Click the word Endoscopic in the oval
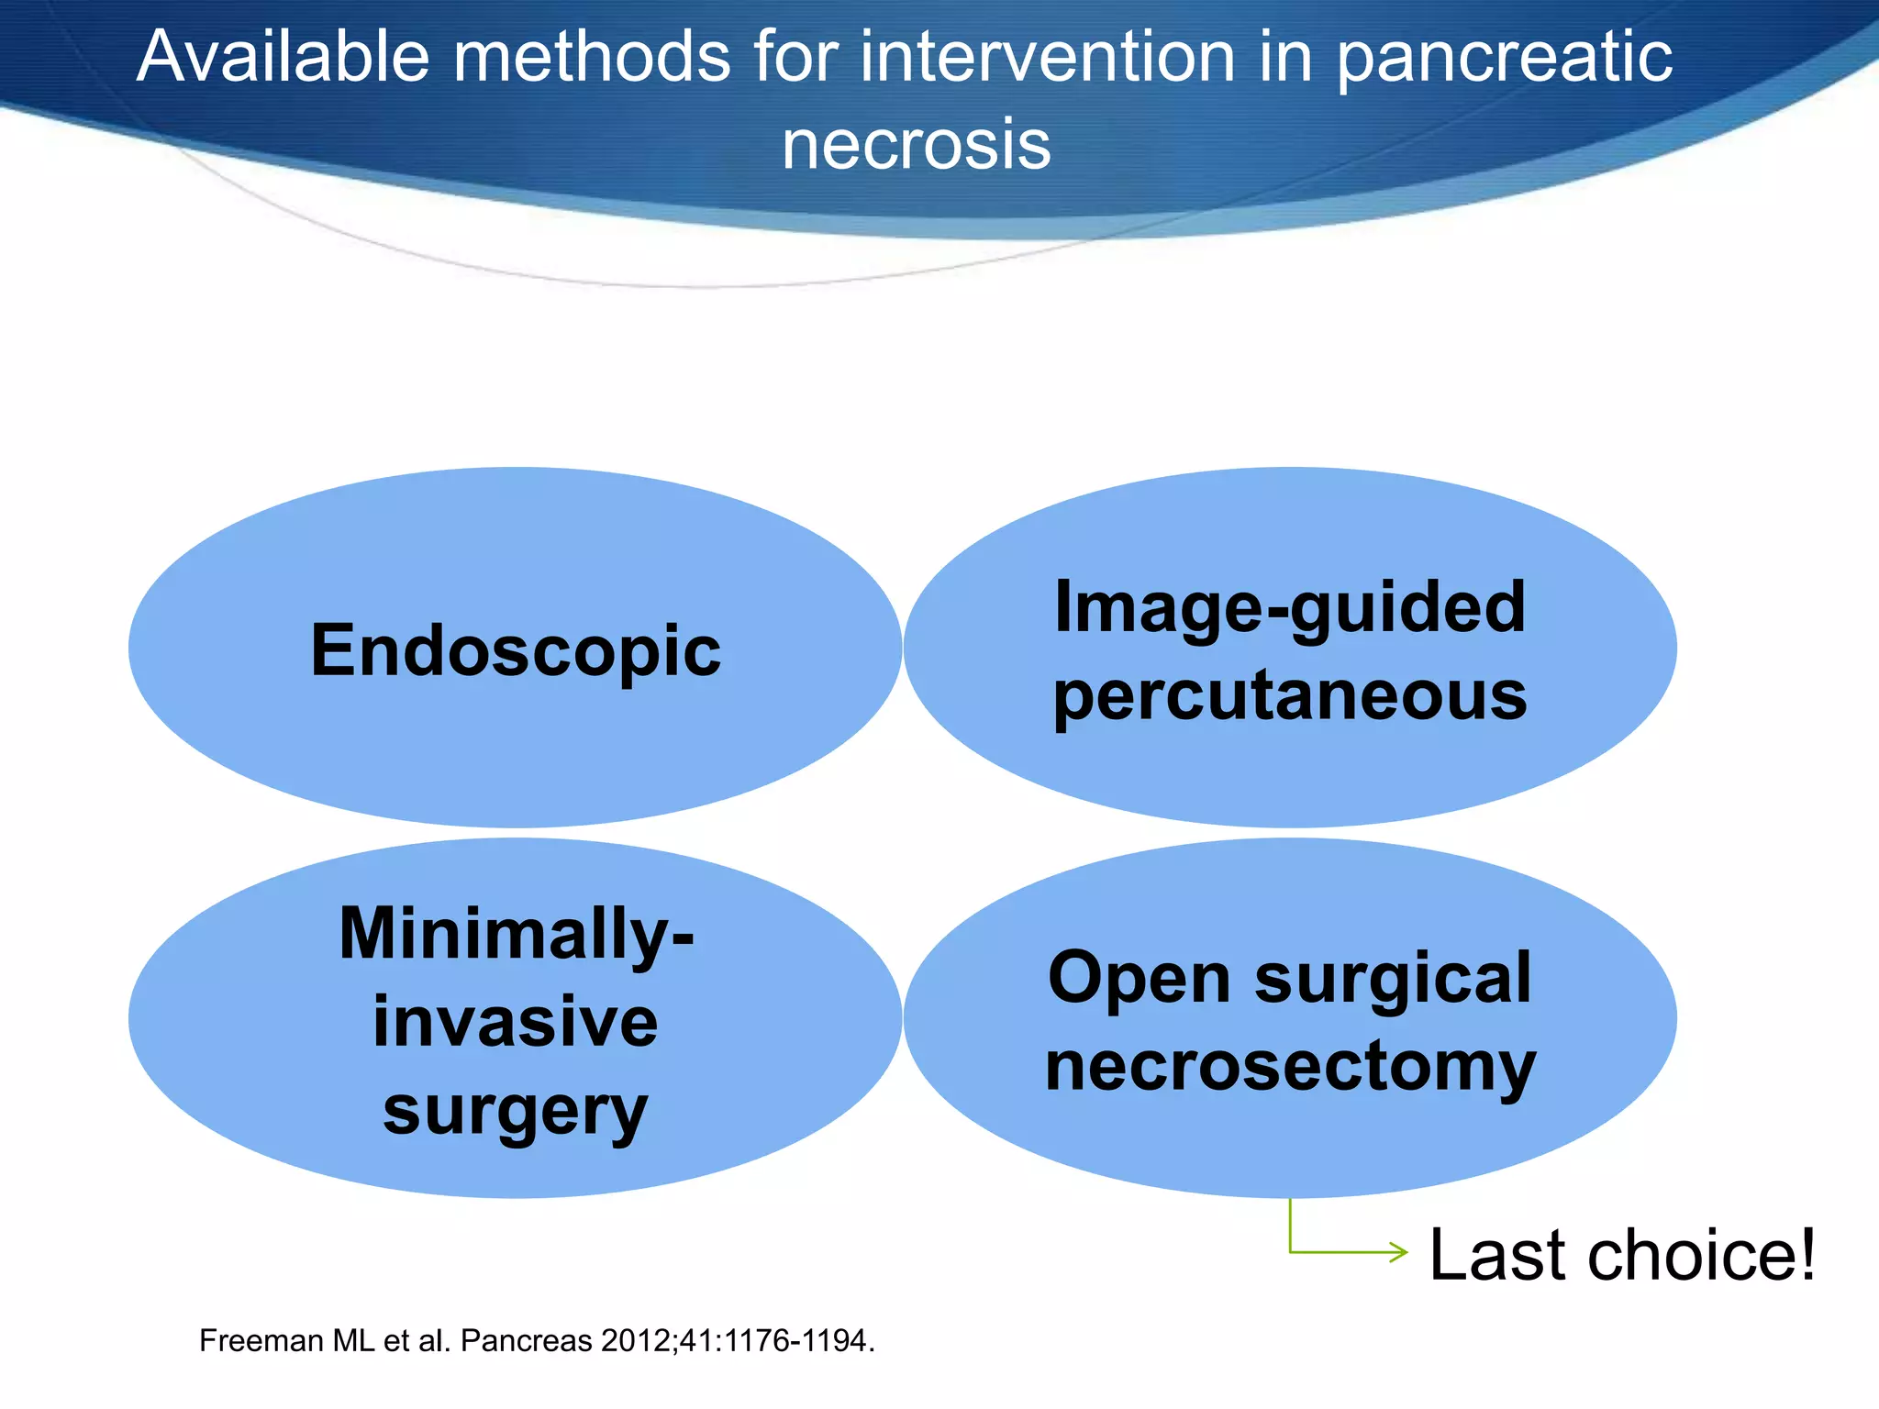point(515,651)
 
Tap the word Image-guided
point(1289,607)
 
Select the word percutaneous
point(1289,695)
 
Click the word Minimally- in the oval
point(516,934)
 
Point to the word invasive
point(515,1022)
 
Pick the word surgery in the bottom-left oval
point(515,1110)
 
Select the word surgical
point(1393,978)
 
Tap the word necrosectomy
point(1289,1066)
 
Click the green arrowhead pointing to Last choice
point(1400,1252)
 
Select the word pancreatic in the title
point(1505,57)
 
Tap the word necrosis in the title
point(916,145)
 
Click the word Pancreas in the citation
point(526,1341)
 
